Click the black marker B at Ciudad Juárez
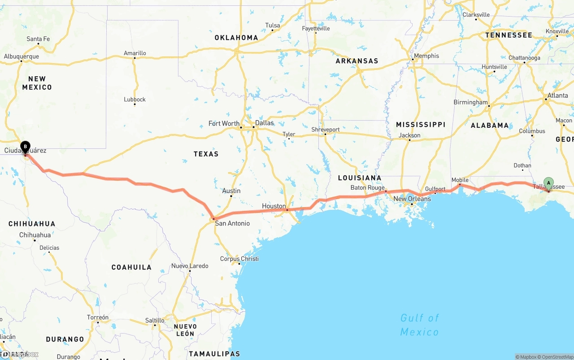[x=26, y=146]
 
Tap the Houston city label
[x=274, y=206]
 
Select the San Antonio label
[x=232, y=223]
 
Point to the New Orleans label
[x=412, y=199]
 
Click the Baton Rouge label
[x=368, y=188]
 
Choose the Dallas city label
[x=264, y=123]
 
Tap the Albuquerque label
[x=22, y=56]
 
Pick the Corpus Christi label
[x=239, y=259]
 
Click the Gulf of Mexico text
[x=419, y=325]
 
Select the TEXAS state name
[x=206, y=154]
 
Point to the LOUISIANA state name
[x=360, y=178]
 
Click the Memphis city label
[x=426, y=56]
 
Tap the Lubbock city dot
[x=135, y=104]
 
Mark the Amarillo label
[x=135, y=53]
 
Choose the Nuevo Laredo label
[x=190, y=266]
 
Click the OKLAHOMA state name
[x=236, y=38]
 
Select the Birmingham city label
[x=470, y=102]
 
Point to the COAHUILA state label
[x=131, y=267]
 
